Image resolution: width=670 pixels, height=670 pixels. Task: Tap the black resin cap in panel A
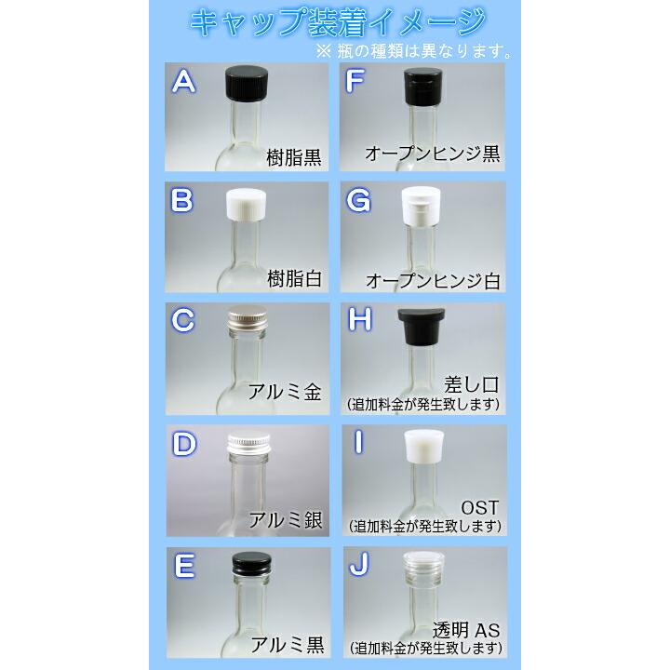pyautogui.click(x=248, y=85)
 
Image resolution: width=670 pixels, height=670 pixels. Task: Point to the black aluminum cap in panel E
pyautogui.click(x=247, y=565)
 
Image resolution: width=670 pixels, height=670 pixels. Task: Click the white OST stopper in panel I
pyautogui.click(x=422, y=448)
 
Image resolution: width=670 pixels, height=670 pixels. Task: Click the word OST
pyautogui.click(x=480, y=507)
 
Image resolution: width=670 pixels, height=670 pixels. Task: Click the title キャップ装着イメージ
pyautogui.click(x=336, y=21)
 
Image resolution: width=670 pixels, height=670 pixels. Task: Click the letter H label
pyautogui.click(x=358, y=321)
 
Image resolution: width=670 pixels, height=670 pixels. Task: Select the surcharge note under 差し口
pyautogui.click(x=424, y=405)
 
